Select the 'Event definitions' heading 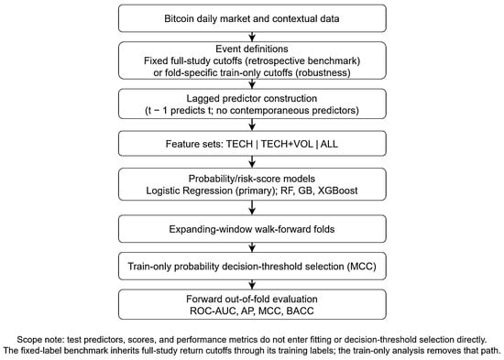(x=252, y=49)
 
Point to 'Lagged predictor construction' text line (x=252, y=98)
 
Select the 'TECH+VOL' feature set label (x=287, y=144)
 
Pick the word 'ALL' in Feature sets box (x=329, y=144)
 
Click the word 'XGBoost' (x=337, y=191)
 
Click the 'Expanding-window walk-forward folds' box (x=252, y=229)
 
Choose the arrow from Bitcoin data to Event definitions (x=252, y=37)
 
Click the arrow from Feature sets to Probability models (x=252, y=161)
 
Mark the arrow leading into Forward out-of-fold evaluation (x=252, y=285)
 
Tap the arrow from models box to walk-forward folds (x=252, y=208)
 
